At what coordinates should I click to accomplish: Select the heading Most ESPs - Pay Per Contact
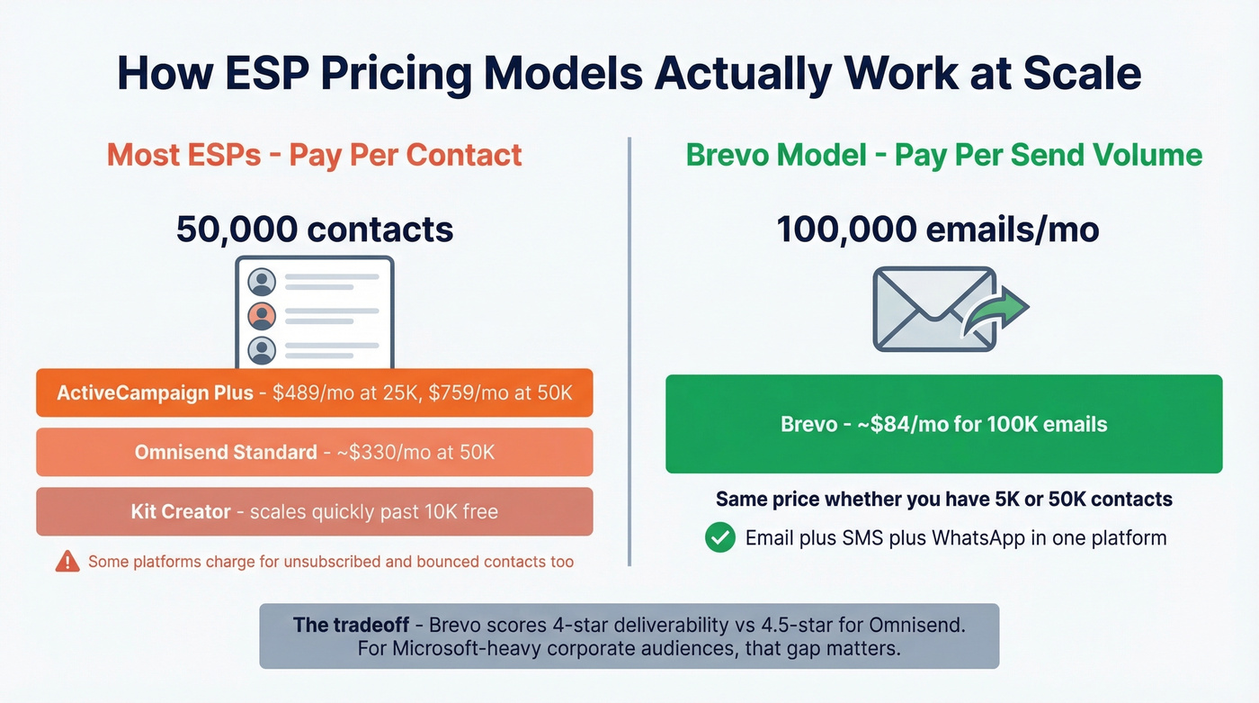314,155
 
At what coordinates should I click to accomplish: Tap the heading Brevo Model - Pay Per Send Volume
943,155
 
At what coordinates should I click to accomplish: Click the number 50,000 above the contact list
236,230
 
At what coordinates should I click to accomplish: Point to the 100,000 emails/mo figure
937,230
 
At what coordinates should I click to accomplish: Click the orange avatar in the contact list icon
262,316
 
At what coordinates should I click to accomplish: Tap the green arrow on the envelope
1002,311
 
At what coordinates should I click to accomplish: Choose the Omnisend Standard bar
314,452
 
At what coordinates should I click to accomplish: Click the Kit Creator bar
314,511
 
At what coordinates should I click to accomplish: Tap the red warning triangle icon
67,562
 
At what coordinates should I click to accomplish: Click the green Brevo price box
943,424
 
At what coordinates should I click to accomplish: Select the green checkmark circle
719,538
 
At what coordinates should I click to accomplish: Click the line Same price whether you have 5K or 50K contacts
943,499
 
